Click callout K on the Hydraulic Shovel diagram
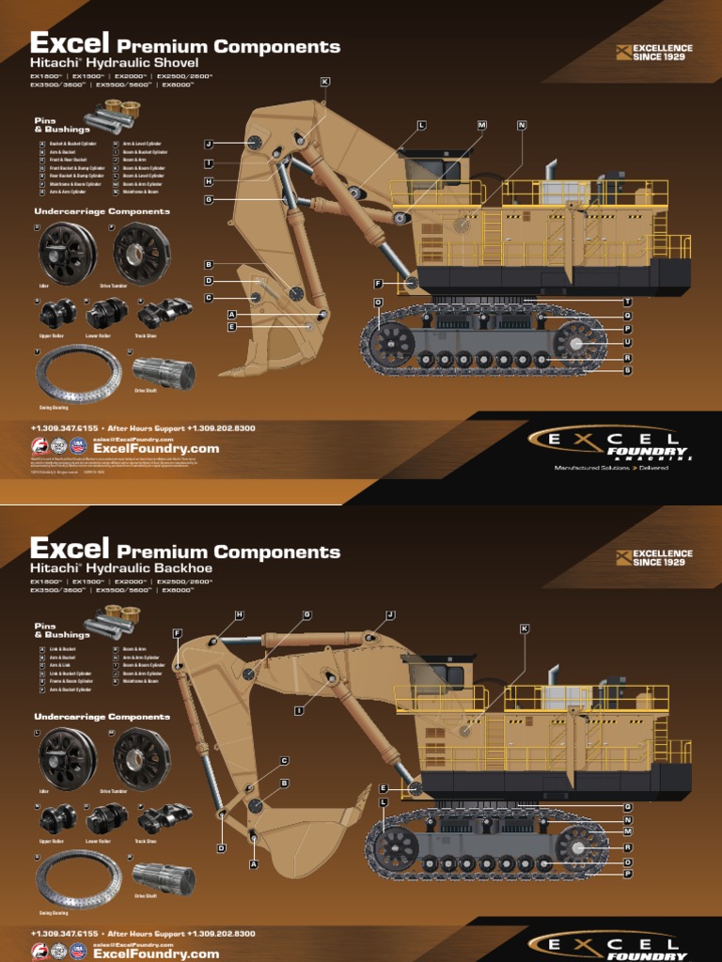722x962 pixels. pos(325,82)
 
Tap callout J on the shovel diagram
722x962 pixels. pos(209,144)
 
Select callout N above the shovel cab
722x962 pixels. pos(522,125)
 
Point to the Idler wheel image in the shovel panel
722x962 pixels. pos(67,254)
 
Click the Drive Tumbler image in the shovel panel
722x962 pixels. pos(142,254)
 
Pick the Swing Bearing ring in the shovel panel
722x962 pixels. pos(78,373)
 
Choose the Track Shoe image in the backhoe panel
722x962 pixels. pos(165,817)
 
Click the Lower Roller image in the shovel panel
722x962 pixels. pos(106,313)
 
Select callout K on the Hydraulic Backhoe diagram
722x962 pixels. pos(525,628)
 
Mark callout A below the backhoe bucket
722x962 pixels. pos(253,863)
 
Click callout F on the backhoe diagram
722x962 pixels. pos(178,633)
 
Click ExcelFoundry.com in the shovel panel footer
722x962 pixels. pos(156,449)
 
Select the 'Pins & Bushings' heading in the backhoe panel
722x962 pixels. pos(61,630)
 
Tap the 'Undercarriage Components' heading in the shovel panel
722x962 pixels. pos(102,211)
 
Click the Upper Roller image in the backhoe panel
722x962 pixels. pos(57,817)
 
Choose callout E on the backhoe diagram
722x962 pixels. pos(384,788)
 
